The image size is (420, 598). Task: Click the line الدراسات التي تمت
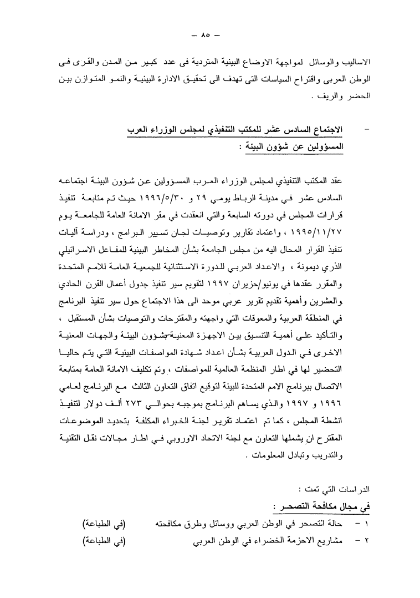pyautogui.click(x=334, y=490)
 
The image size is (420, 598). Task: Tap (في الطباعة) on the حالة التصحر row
pyautogui.click(x=104, y=523)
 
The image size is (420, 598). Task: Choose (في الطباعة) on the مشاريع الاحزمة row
pyautogui.click(x=104, y=540)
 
